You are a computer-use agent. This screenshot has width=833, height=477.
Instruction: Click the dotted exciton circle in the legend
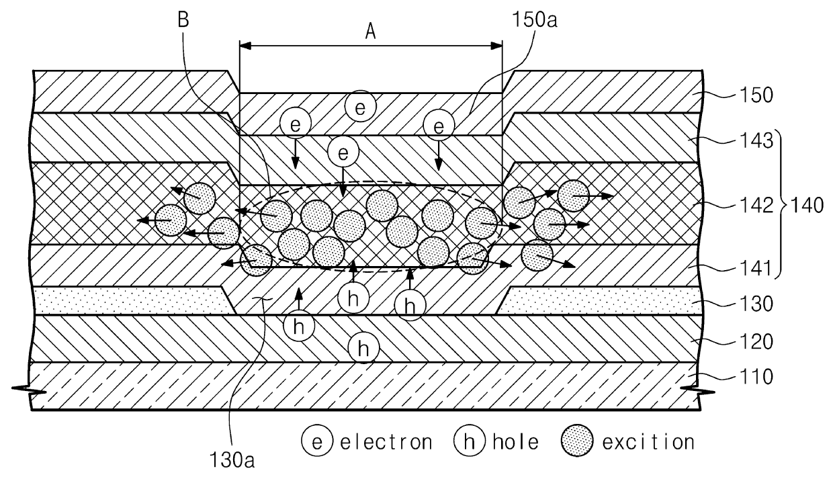coord(577,441)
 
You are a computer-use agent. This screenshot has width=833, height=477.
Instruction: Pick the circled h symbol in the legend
coord(468,441)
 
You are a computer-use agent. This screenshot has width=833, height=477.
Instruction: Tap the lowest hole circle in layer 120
coord(363,348)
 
